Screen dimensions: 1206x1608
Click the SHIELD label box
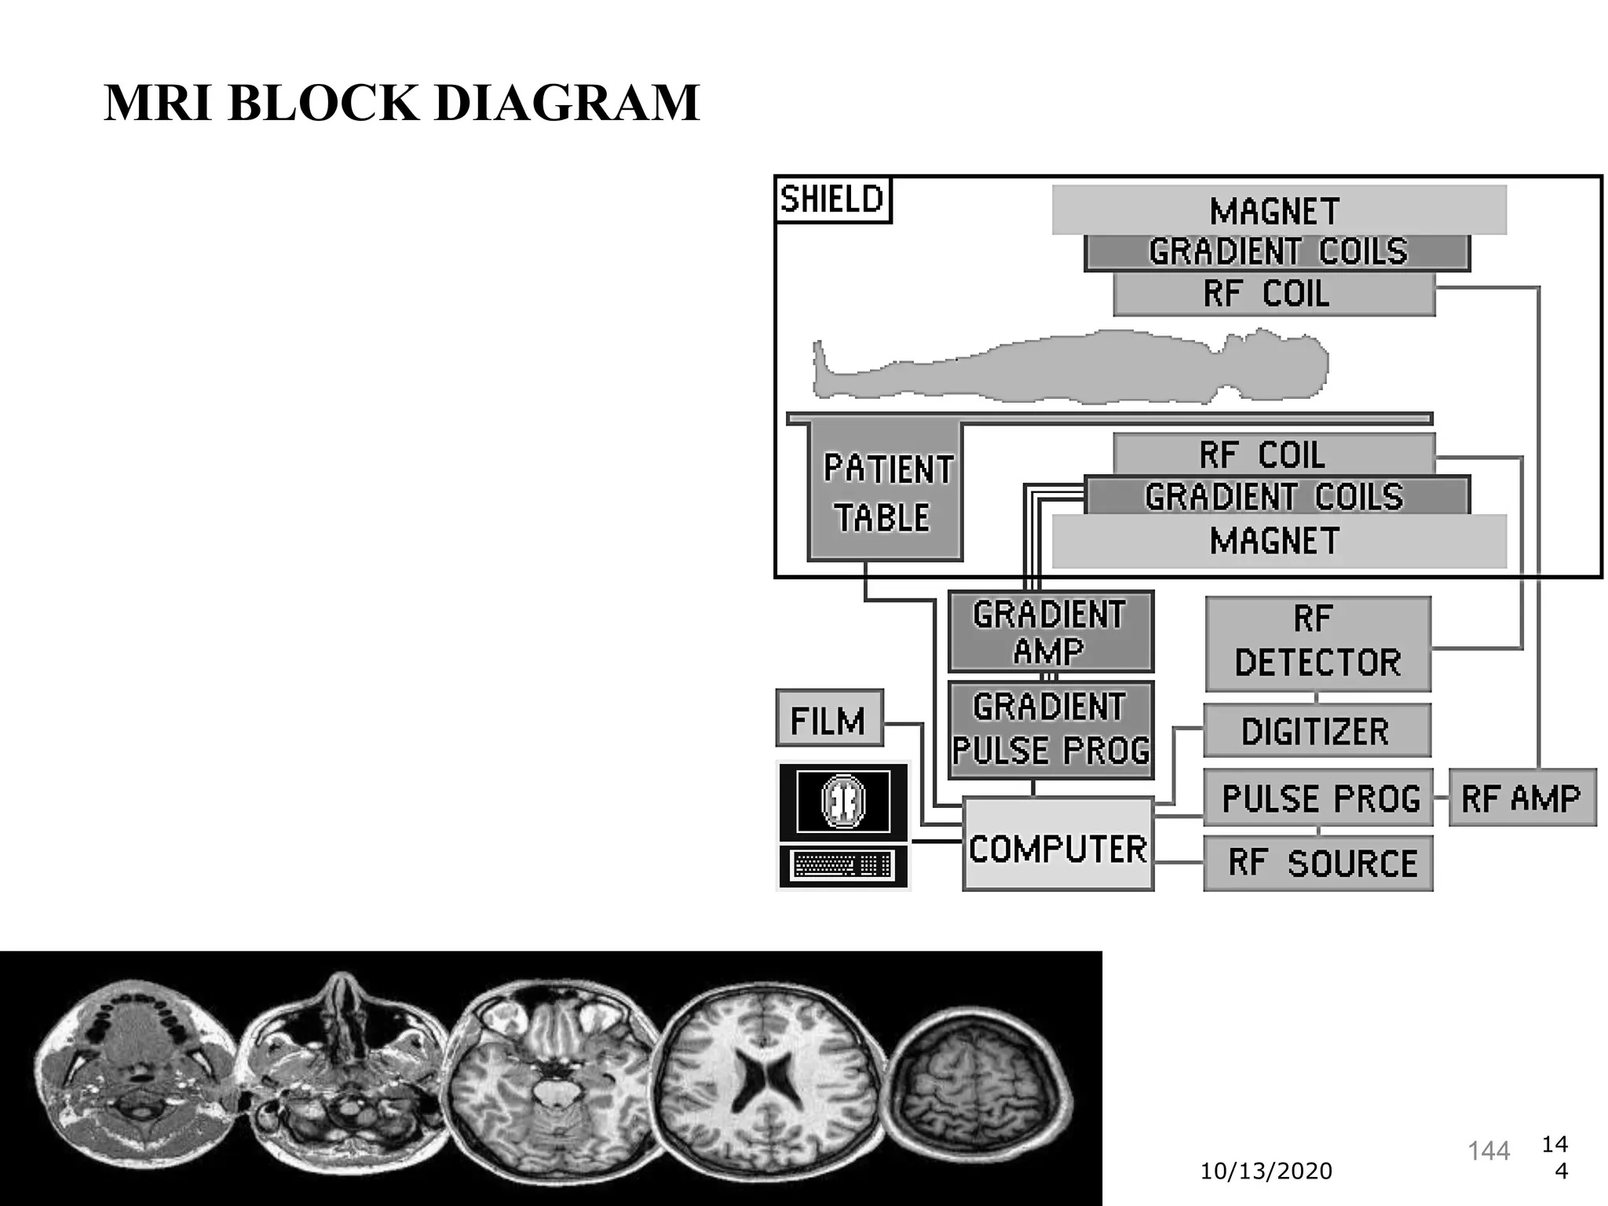coord(832,199)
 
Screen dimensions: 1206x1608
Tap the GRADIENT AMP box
coord(1051,632)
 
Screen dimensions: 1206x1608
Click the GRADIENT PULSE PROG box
coord(1051,729)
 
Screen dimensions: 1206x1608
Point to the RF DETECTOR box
coord(1317,643)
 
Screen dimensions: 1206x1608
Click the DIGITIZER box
coord(1317,731)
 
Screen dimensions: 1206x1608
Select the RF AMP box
coord(1522,798)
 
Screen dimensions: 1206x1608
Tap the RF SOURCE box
coord(1317,863)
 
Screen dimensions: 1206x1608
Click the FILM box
coord(829,718)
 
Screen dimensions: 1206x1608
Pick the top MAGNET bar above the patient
coord(1278,210)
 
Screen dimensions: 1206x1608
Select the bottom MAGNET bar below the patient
coord(1278,542)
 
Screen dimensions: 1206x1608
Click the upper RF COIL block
coord(1274,294)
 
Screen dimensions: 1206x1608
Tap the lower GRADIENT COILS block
coord(1277,496)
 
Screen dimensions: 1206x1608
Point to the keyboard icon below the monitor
coord(842,865)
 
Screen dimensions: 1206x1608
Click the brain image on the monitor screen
coord(843,801)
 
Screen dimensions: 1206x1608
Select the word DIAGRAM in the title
coord(566,103)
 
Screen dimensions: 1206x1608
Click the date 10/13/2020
coord(1266,1171)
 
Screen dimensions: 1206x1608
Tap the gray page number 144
coord(1489,1151)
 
